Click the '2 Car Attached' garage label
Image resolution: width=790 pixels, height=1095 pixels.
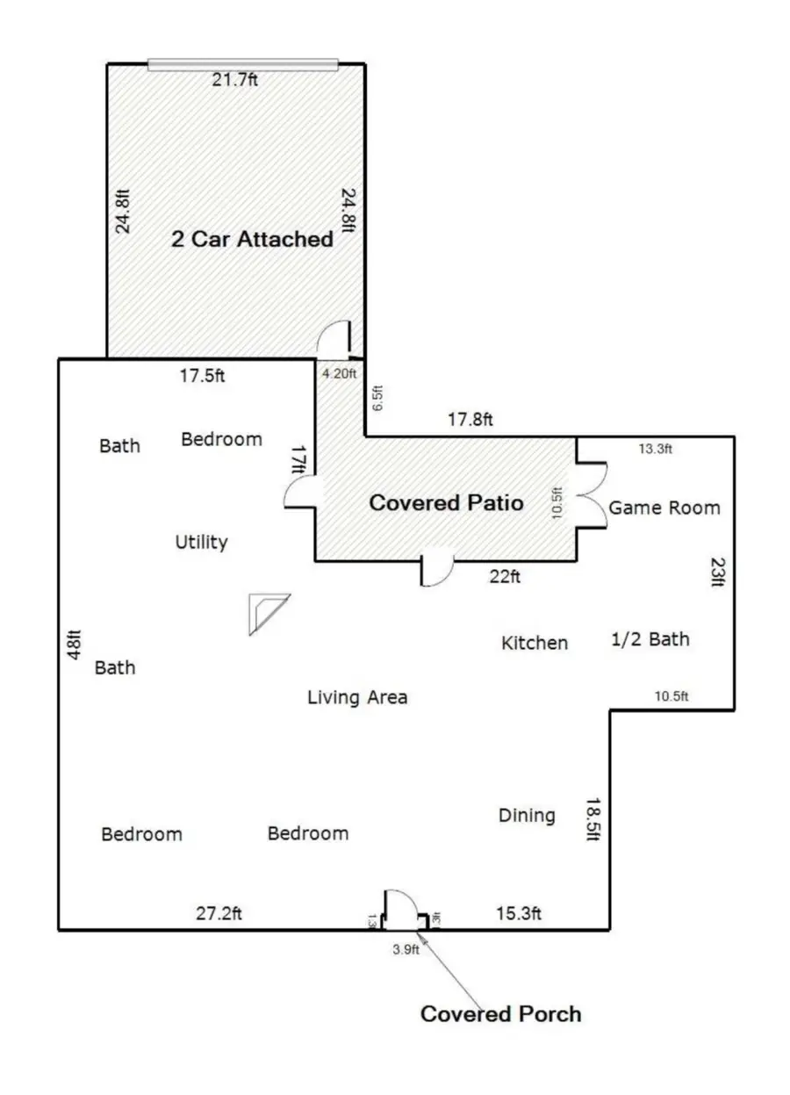252,239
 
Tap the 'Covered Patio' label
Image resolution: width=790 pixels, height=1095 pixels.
446,503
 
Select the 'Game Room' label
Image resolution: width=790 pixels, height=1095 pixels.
664,508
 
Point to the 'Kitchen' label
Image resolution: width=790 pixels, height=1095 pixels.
534,643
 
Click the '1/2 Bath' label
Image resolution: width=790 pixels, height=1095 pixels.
650,639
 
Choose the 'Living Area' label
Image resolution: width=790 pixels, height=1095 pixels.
357,697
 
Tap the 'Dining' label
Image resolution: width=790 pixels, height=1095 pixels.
527,815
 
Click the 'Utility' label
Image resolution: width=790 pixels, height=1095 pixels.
201,542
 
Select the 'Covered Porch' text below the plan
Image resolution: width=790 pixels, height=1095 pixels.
500,1014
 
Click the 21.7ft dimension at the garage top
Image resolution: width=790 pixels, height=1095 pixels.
235,80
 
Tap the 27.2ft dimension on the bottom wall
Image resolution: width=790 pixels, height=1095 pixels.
219,913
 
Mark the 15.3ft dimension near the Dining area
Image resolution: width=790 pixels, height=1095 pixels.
518,913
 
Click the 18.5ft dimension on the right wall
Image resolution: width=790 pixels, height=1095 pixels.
593,819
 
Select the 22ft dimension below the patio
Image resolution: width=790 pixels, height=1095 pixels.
505,577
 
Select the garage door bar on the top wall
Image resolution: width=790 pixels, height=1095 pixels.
242,63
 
